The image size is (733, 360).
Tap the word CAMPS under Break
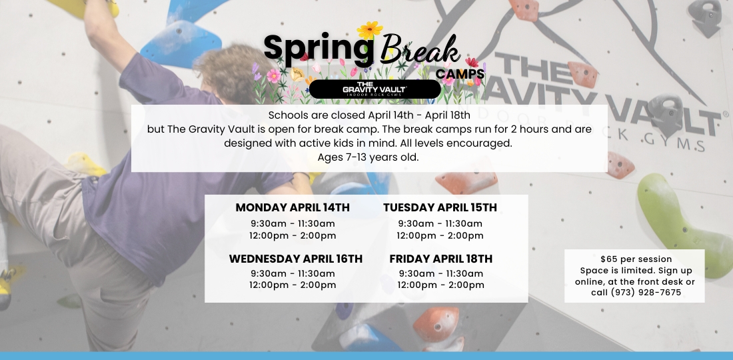(460, 75)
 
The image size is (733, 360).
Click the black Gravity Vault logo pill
(375, 89)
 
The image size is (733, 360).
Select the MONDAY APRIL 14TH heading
(293, 207)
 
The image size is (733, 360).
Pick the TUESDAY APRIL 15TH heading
(440, 207)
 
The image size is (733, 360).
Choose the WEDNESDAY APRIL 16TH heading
(295, 259)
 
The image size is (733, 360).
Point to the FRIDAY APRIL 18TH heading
(441, 259)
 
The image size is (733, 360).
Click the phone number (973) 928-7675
(646, 293)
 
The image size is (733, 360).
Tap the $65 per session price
(636, 259)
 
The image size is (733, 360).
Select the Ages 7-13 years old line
(368, 157)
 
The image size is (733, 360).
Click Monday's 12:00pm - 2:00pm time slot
(293, 235)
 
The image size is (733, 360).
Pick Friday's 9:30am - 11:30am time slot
(441, 273)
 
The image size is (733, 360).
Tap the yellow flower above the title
(370, 30)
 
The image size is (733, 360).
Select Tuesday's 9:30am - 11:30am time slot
(440, 224)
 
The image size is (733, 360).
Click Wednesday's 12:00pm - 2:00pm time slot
(293, 285)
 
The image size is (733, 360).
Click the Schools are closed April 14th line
(369, 115)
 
